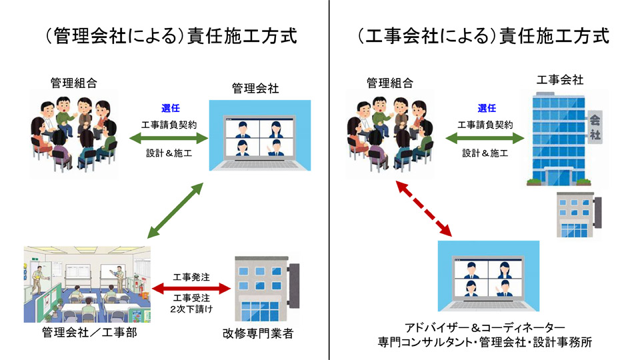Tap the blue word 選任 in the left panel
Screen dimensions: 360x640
[170, 108]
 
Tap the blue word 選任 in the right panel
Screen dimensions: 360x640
[487, 108]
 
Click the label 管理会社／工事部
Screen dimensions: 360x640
[89, 333]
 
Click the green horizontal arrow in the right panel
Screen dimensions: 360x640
[485, 138]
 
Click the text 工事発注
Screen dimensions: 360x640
[191, 277]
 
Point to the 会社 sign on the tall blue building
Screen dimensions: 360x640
[594, 127]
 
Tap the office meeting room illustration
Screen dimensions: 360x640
[87, 283]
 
